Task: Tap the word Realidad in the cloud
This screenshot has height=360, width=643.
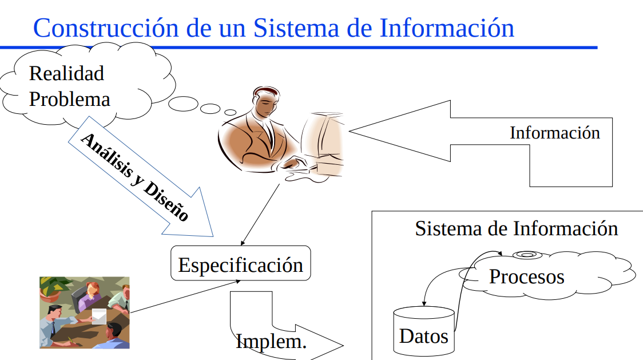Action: (66, 73)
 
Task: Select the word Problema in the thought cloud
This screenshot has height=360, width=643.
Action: (69, 99)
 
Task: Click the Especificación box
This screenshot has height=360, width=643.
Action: (240, 264)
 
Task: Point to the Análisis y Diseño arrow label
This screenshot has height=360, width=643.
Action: (135, 176)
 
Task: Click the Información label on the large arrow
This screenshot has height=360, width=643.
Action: (554, 133)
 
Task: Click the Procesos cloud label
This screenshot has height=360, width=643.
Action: (526, 277)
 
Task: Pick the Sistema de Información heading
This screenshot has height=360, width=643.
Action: (516, 228)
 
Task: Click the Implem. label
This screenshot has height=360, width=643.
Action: (271, 342)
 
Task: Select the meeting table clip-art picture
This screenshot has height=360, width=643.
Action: (85, 312)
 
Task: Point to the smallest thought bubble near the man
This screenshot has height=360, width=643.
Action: (230, 112)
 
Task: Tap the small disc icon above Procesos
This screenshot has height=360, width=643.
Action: (523, 255)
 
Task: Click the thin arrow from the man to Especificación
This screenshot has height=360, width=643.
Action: (262, 212)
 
